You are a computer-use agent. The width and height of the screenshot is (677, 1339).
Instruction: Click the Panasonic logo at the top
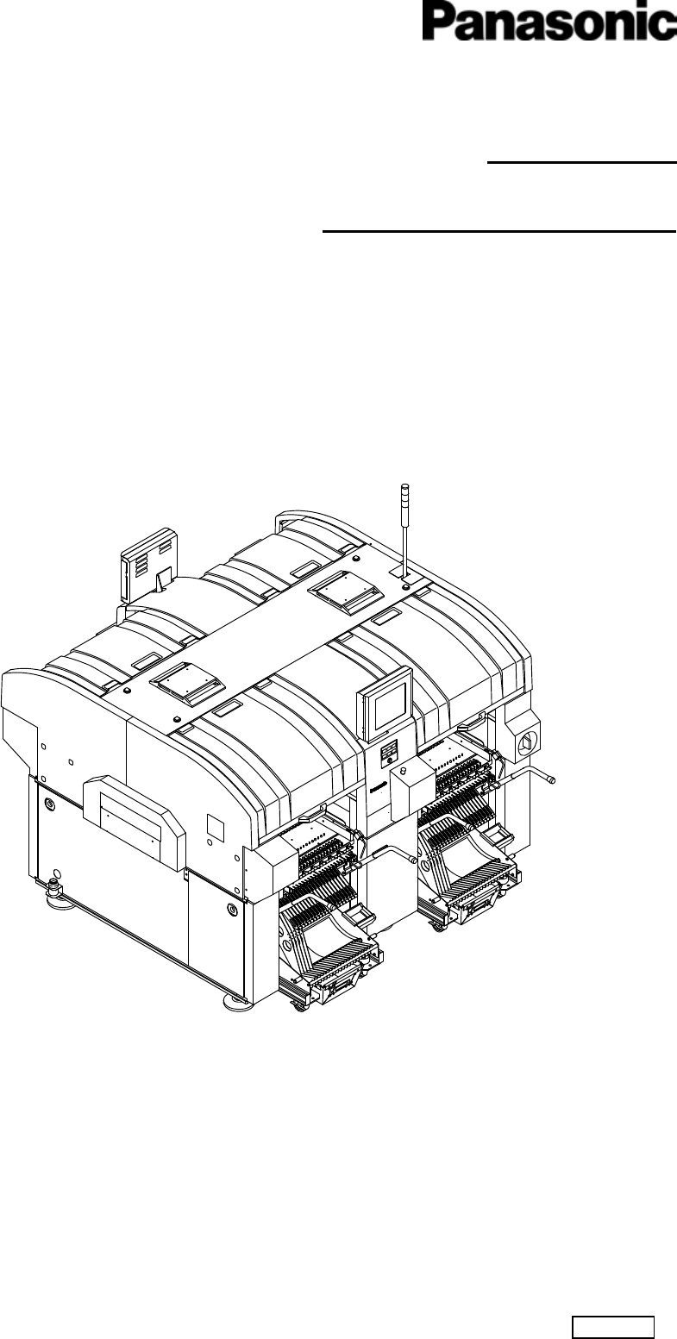549,21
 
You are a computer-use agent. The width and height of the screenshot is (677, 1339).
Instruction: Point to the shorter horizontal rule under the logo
582,162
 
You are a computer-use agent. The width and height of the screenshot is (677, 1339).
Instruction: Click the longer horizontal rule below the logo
499,231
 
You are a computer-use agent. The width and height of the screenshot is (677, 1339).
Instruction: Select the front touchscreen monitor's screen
391,706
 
